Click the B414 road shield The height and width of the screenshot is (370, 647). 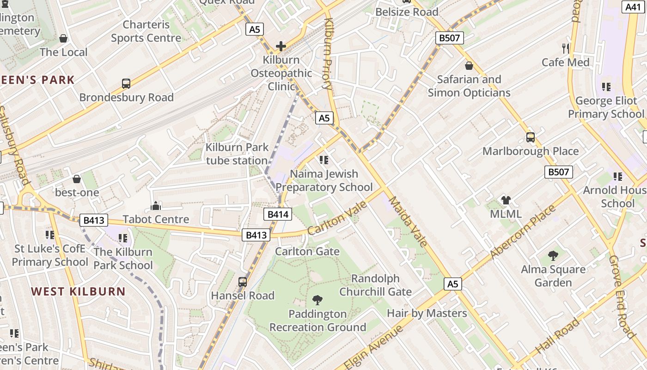(x=278, y=214)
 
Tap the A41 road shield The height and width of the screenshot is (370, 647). (x=634, y=7)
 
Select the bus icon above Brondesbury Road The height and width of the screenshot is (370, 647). (x=126, y=84)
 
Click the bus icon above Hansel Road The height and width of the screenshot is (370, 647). (x=242, y=282)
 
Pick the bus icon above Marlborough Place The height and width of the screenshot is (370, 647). (x=530, y=137)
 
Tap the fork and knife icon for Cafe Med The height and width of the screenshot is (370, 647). (x=566, y=48)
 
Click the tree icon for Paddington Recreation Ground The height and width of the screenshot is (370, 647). (x=317, y=300)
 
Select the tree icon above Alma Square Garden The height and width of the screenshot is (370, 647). (x=553, y=255)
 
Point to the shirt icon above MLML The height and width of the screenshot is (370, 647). (x=506, y=200)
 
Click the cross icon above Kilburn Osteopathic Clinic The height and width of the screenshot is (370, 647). (x=281, y=46)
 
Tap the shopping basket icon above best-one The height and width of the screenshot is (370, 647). (x=77, y=179)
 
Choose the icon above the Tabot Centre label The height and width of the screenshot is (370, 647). (x=156, y=205)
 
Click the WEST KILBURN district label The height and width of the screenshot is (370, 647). (x=78, y=291)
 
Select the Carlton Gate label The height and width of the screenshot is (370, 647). (x=307, y=252)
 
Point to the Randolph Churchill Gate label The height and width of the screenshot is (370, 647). (x=375, y=285)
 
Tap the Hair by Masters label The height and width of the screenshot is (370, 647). (x=427, y=313)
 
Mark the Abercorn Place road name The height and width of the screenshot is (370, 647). (x=522, y=232)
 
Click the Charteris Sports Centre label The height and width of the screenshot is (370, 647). (x=146, y=31)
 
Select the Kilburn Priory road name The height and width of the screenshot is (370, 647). (x=328, y=53)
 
